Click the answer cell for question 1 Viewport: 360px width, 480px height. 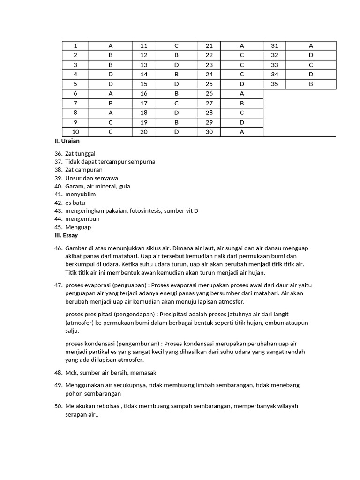[x=111, y=46]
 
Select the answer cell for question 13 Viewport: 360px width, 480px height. [x=177, y=65]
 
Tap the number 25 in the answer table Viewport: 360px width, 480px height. [x=209, y=84]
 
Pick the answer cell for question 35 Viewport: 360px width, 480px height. [x=311, y=84]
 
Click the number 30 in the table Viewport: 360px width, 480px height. [x=209, y=132]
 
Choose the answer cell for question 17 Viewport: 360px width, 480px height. [x=177, y=103]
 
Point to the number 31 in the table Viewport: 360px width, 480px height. [x=275, y=46]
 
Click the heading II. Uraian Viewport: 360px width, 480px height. [x=70, y=140]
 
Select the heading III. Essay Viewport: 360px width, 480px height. [x=66, y=235]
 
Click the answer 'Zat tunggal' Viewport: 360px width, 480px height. [x=80, y=153]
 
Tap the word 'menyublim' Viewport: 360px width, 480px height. [x=81, y=194]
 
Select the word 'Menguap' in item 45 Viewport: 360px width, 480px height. [x=78, y=227]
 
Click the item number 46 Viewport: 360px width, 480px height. [x=58, y=248]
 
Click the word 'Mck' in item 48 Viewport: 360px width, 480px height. [x=71, y=372]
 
